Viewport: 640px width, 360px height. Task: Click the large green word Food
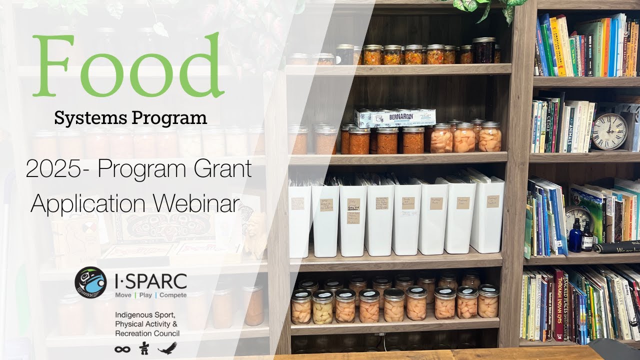[127, 66]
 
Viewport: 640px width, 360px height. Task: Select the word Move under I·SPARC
[123, 295]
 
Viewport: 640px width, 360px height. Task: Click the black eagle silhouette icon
[167, 348]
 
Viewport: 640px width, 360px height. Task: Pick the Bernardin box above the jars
[395, 117]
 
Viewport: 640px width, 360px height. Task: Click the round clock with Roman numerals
[609, 131]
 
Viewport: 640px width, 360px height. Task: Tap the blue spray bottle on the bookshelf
[575, 238]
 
